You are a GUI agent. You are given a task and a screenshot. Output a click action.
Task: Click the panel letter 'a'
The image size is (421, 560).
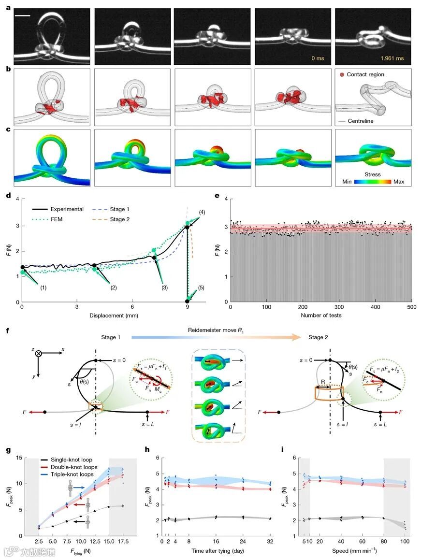point(8,8)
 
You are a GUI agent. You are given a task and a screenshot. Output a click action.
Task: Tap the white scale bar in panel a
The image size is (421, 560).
point(23,16)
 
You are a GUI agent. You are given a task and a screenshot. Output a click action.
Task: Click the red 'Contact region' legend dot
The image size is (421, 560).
point(342,74)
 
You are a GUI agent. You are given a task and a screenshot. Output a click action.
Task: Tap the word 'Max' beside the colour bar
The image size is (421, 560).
point(398,182)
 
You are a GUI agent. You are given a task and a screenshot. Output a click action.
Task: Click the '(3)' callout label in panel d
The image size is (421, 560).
point(164,288)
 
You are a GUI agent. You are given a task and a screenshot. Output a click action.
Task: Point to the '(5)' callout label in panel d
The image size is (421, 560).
point(201,288)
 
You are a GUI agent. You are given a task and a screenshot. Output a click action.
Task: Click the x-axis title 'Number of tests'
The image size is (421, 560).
point(320,316)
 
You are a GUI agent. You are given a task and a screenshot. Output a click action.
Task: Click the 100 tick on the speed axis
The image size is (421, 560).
point(405,542)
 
